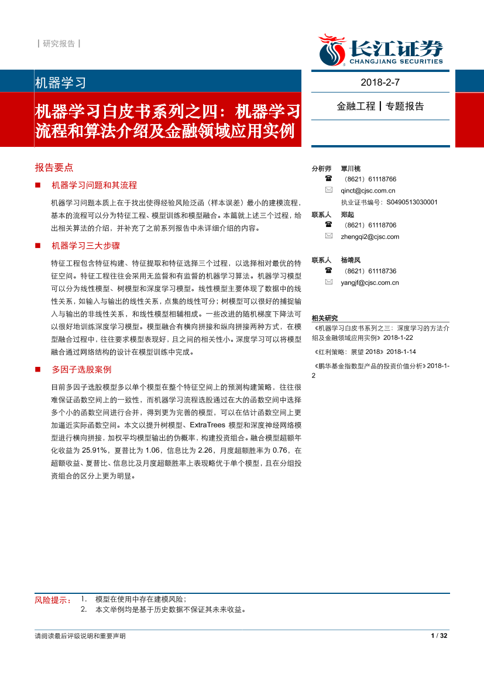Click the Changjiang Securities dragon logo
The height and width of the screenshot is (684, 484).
click(332, 50)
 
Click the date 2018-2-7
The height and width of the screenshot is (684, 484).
click(380, 82)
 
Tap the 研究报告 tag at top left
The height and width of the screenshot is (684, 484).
click(59, 43)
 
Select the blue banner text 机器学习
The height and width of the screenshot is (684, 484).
click(61, 83)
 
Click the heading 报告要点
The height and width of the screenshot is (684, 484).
click(54, 167)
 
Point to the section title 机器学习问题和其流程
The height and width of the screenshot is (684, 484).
click(94, 185)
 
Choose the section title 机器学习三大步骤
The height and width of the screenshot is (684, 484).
click(85, 245)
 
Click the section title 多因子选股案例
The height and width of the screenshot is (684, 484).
click(81, 369)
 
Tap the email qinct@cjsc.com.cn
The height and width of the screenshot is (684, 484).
click(368, 190)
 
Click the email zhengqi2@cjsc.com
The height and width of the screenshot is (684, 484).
click(369, 236)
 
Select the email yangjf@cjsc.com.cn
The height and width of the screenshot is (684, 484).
click(369, 283)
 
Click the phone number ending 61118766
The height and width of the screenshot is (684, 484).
click(370, 179)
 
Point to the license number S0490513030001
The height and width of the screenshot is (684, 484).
click(411, 202)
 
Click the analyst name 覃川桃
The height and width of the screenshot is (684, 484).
click(351, 168)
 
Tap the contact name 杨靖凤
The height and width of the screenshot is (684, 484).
click(351, 260)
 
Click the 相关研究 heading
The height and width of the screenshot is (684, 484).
click(325, 318)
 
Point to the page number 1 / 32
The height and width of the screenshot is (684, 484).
click(438, 636)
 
